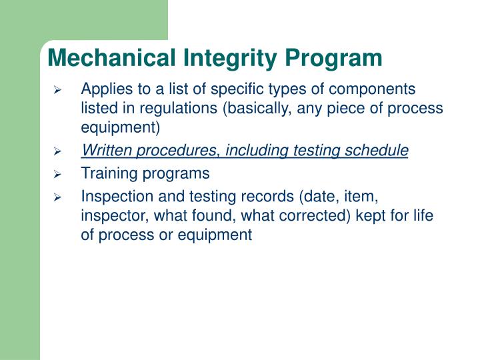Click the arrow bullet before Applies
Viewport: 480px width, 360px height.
[x=58, y=89]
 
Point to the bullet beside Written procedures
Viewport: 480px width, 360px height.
[x=58, y=152]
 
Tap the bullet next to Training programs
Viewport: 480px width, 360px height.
[x=58, y=174]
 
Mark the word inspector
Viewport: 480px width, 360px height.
[x=109, y=215]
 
